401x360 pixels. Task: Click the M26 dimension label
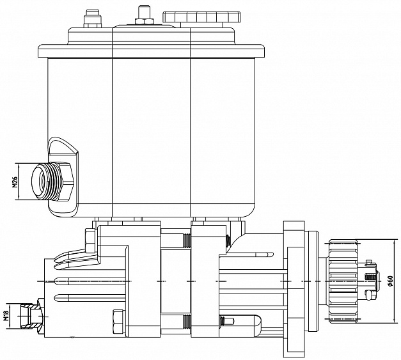tap(15, 182)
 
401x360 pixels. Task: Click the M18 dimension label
tap(6, 316)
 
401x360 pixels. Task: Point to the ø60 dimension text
tap(389, 281)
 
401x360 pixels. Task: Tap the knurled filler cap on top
tap(201, 17)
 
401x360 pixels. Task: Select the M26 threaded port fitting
tap(52, 181)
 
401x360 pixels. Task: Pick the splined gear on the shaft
tap(343, 281)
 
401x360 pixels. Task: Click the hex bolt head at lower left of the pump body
tap(118, 322)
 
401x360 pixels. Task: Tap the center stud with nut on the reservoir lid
tap(143, 16)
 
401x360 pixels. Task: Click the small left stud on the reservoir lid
tap(91, 19)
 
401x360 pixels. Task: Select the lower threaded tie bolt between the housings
tap(176, 320)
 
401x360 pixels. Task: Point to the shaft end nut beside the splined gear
tap(370, 281)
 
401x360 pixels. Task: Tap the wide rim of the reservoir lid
tap(152, 51)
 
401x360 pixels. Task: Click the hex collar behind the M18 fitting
tap(41, 317)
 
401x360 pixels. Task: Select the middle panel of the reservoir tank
tap(152, 137)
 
